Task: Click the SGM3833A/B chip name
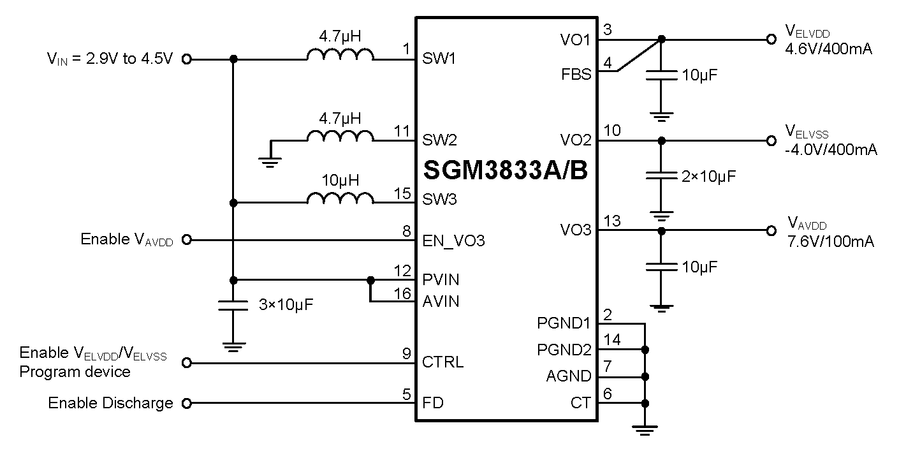tap(505, 170)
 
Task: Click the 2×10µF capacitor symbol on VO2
tap(661, 175)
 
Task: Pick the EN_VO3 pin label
tap(453, 241)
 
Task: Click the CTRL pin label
tap(442, 363)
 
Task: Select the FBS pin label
tap(576, 75)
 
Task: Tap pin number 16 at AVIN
tap(403, 293)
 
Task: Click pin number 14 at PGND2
tap(611, 341)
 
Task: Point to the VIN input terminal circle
tap(187, 59)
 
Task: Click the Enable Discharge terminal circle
tap(187, 403)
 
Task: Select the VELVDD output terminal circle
tap(771, 39)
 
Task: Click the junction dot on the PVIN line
tap(370, 279)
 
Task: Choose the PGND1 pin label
tap(564, 323)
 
